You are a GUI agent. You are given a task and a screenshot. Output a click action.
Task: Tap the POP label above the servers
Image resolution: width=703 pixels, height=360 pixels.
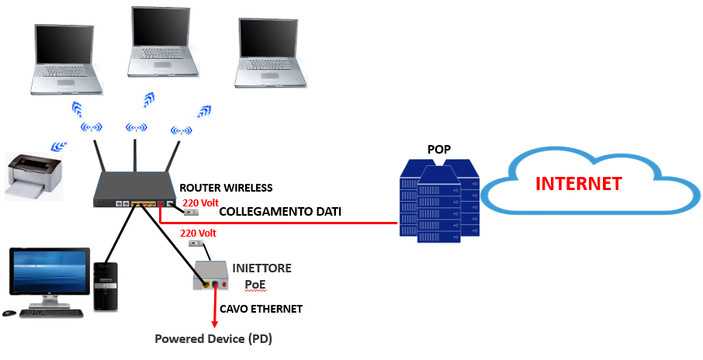[x=439, y=149]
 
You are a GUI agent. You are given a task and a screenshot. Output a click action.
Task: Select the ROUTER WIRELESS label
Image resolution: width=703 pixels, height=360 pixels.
[x=226, y=188]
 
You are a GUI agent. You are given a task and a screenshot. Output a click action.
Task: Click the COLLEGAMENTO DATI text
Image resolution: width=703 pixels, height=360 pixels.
[x=281, y=211]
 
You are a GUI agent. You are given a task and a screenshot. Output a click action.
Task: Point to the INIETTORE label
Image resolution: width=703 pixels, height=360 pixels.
[x=262, y=268]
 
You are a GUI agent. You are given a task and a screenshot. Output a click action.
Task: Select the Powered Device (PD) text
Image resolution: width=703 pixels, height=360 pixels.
[x=213, y=339]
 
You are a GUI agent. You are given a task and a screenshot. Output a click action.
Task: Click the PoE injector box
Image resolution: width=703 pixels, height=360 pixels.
[x=211, y=276]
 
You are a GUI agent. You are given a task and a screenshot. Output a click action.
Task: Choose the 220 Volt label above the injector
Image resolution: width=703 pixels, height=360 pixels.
[x=197, y=232]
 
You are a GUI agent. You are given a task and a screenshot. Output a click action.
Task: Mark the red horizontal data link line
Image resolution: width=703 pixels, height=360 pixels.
[x=279, y=223]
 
